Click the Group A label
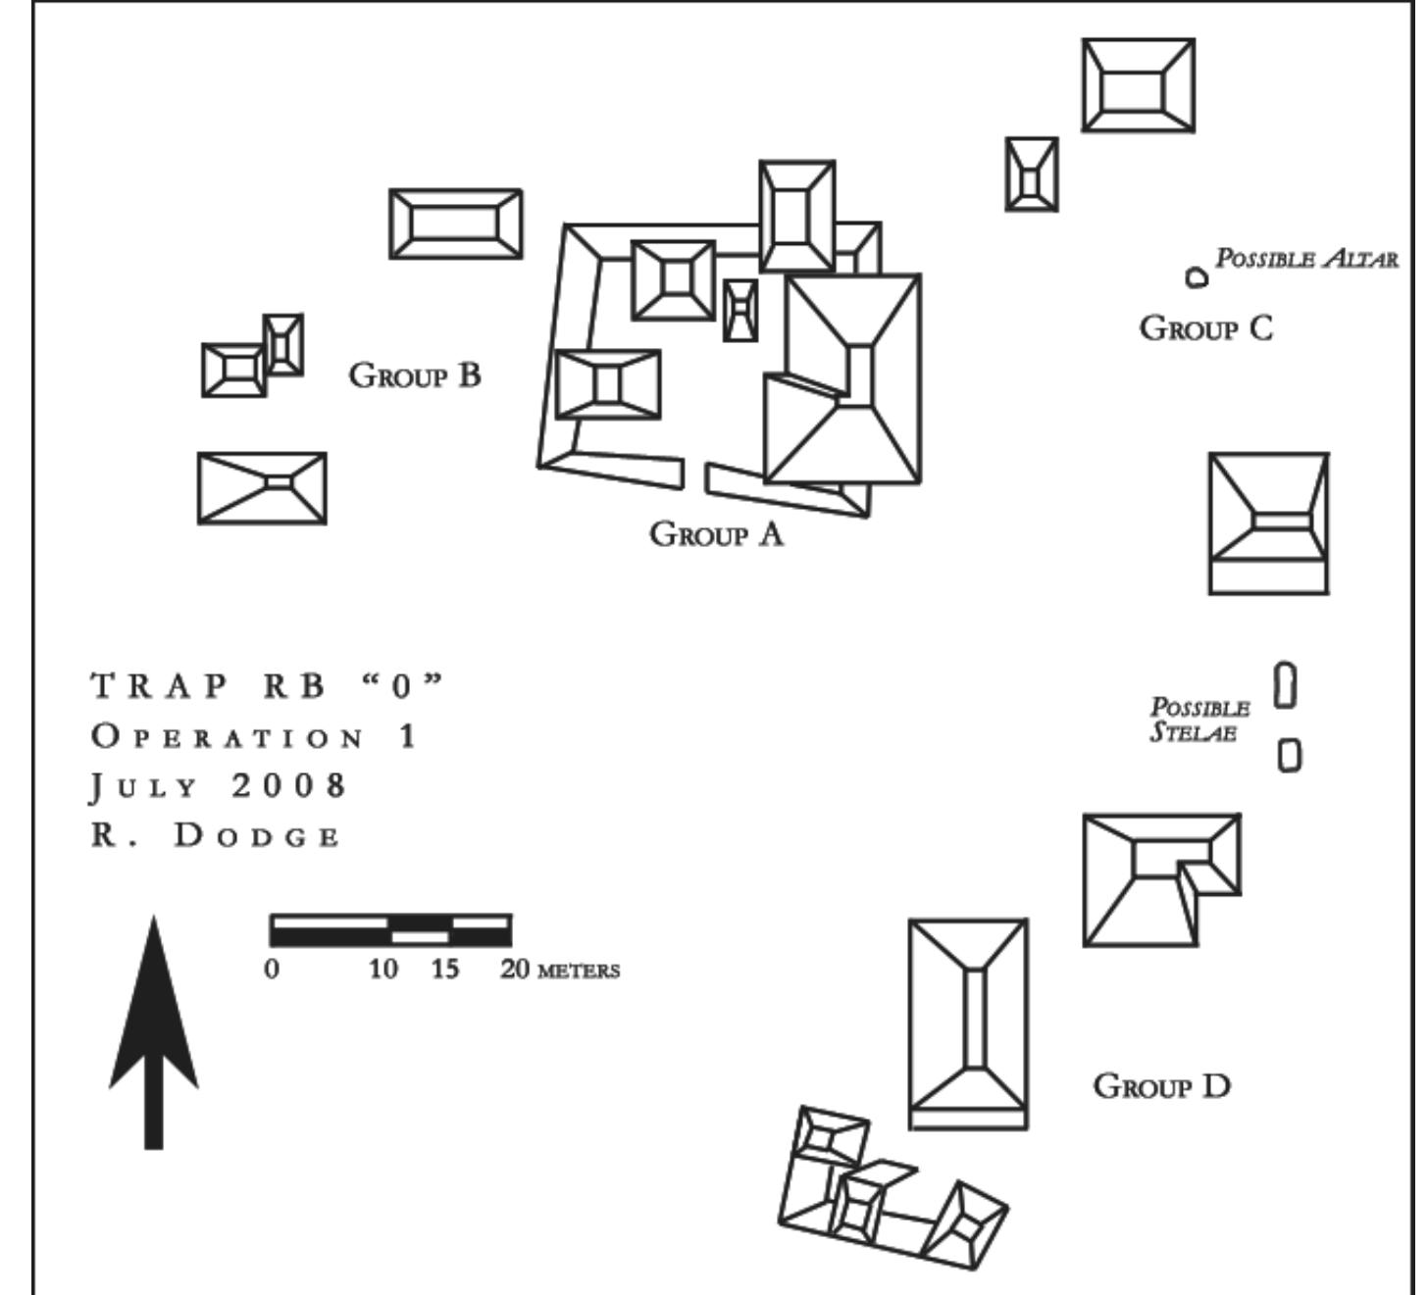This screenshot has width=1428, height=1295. tap(717, 534)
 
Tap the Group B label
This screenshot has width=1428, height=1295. tap(415, 374)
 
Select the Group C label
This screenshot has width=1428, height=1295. tap(1205, 327)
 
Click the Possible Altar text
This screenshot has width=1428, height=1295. tap(1306, 259)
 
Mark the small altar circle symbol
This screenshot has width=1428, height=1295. tap(1196, 278)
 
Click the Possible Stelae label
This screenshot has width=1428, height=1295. tap(1199, 721)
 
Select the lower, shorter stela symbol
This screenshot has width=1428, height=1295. tap(1291, 755)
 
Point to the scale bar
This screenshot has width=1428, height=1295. tap(390, 929)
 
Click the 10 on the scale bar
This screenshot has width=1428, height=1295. tap(383, 970)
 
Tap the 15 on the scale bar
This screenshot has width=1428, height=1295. tap(444, 970)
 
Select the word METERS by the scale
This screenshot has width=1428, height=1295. tap(579, 971)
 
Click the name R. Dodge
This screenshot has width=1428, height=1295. tap(216, 836)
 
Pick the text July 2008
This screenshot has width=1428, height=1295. tap(220, 786)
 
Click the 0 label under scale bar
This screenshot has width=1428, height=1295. tap(272, 970)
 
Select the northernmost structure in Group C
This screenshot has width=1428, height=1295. tap(1138, 85)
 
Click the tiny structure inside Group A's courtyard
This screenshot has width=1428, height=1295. tap(740, 310)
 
